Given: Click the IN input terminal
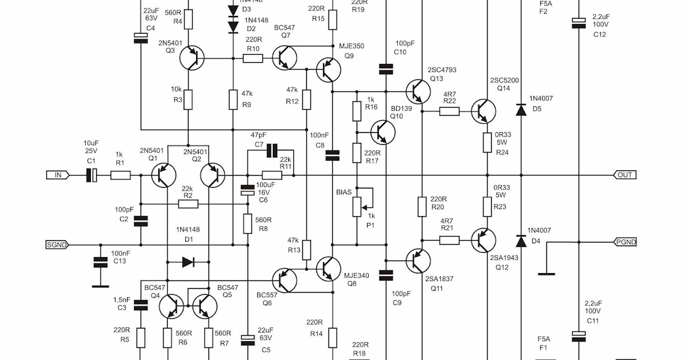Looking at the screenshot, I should [x=57, y=175].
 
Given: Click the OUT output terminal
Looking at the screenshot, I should [x=625, y=175].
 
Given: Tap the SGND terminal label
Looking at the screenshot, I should [x=57, y=245].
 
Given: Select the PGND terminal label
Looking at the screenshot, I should [x=625, y=242].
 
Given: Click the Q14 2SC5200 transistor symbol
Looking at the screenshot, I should [x=485, y=111].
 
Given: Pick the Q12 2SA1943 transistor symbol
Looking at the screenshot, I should [x=485, y=240].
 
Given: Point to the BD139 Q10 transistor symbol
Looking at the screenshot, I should [x=382, y=132].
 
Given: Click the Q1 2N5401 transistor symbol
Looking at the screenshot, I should [x=164, y=175].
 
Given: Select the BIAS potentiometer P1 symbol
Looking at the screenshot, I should [x=357, y=205].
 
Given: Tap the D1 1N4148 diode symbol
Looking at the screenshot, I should [x=188, y=262].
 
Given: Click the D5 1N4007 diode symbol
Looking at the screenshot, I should [x=521, y=110].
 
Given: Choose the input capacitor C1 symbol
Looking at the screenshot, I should [x=92, y=175].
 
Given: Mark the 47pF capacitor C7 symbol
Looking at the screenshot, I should [x=272, y=151].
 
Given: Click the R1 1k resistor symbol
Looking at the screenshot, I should [x=120, y=175].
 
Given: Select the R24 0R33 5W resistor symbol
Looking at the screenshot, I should [x=487, y=142].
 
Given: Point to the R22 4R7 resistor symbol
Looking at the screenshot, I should [x=449, y=111].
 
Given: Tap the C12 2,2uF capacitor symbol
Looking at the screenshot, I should [x=579, y=22].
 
